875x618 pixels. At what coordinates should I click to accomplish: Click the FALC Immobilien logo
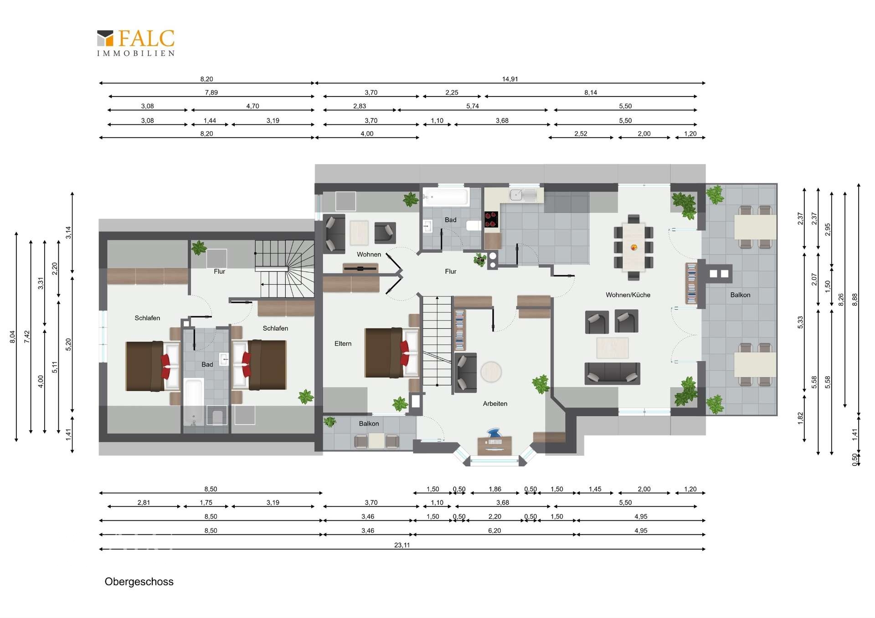(136, 43)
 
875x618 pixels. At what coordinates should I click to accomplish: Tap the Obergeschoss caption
(139, 582)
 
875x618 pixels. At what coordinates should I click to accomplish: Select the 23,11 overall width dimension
(402, 545)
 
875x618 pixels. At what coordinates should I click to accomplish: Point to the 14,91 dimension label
(510, 79)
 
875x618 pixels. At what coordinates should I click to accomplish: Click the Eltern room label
(343, 344)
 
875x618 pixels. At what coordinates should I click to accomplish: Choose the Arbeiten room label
(495, 403)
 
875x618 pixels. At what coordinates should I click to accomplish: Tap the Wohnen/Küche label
(628, 295)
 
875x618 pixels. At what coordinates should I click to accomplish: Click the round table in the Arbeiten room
(491, 372)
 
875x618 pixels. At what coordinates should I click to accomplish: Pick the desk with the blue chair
(494, 445)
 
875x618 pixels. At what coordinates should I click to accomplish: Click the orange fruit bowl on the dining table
(633, 247)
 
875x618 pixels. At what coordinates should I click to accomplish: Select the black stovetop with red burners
(491, 220)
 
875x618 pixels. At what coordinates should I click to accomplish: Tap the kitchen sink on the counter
(523, 195)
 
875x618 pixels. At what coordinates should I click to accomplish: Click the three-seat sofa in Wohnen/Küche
(612, 373)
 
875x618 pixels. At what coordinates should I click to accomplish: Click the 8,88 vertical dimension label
(854, 299)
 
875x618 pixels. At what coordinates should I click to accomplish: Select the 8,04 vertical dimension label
(12, 337)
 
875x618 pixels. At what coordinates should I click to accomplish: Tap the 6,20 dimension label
(494, 531)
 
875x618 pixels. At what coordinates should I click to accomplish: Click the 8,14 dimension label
(591, 92)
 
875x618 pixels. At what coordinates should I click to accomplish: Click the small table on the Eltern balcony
(377, 441)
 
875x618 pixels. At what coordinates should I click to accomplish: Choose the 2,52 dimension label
(581, 133)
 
